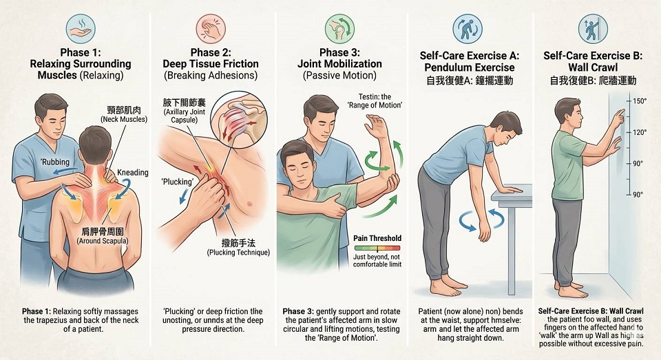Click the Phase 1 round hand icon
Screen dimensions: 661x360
pyautogui.click(x=81, y=29)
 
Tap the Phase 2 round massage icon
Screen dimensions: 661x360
pyautogui.click(x=211, y=29)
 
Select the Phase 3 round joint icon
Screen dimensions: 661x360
pyautogui.click(x=339, y=29)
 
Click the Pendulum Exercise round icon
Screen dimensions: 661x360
pyautogui.click(x=467, y=29)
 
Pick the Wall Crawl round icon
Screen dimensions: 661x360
pyautogui.click(x=593, y=29)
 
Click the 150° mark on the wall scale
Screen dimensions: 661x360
pyautogui.click(x=640, y=101)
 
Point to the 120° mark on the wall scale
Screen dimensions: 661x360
pyautogui.click(x=640, y=132)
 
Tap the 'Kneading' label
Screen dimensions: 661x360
pyautogui.click(x=133, y=172)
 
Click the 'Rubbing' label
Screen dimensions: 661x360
pyautogui.click(x=55, y=162)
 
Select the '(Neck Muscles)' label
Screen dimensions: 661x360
pyautogui.click(x=124, y=119)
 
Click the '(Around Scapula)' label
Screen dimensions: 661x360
pyautogui.click(x=103, y=241)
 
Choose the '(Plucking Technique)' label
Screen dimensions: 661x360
pyautogui.click(x=238, y=253)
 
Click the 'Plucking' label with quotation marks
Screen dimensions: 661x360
pyautogui.click(x=178, y=182)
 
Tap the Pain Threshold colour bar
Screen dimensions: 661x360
pyautogui.click(x=377, y=248)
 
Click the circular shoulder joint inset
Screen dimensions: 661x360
pyautogui.click(x=238, y=120)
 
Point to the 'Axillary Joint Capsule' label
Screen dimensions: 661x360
pyautogui.click(x=185, y=116)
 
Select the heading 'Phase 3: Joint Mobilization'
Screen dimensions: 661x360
pyautogui.click(x=339, y=59)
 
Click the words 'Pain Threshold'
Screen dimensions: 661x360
pyautogui.click(x=377, y=238)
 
